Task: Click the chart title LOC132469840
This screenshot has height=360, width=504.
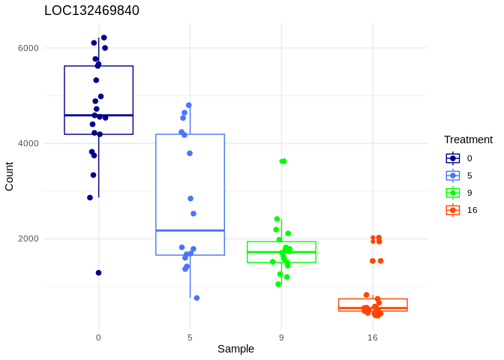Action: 91,10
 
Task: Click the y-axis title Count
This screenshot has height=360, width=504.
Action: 9,176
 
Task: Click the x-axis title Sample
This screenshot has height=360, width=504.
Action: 235,349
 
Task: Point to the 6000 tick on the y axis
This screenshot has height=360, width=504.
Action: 28,48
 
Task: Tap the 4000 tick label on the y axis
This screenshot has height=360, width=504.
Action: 28,143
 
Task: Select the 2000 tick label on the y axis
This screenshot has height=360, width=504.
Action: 28,238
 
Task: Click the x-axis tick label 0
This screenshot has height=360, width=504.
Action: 98,337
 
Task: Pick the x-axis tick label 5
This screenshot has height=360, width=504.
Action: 190,337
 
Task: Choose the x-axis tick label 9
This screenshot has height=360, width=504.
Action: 281,337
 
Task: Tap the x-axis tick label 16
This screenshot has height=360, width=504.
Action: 373,337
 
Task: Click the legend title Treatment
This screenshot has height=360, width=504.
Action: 468,139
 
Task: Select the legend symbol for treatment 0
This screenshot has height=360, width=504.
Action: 453,158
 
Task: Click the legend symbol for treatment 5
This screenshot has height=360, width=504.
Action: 453,175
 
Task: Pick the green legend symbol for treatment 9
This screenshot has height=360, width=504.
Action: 453,193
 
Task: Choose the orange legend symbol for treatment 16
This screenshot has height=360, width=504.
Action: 453,210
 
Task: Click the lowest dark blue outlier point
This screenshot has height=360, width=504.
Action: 98,273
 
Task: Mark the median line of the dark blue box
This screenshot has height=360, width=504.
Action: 98,115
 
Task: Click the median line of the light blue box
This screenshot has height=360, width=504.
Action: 190,230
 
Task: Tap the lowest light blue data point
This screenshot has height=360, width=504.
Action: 196,298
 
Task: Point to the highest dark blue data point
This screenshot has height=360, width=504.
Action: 103,37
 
